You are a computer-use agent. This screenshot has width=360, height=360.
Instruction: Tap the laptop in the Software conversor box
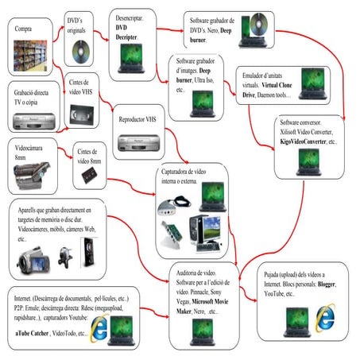(304, 163)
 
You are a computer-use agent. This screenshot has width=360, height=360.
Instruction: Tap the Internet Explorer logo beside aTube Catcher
(100, 327)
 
